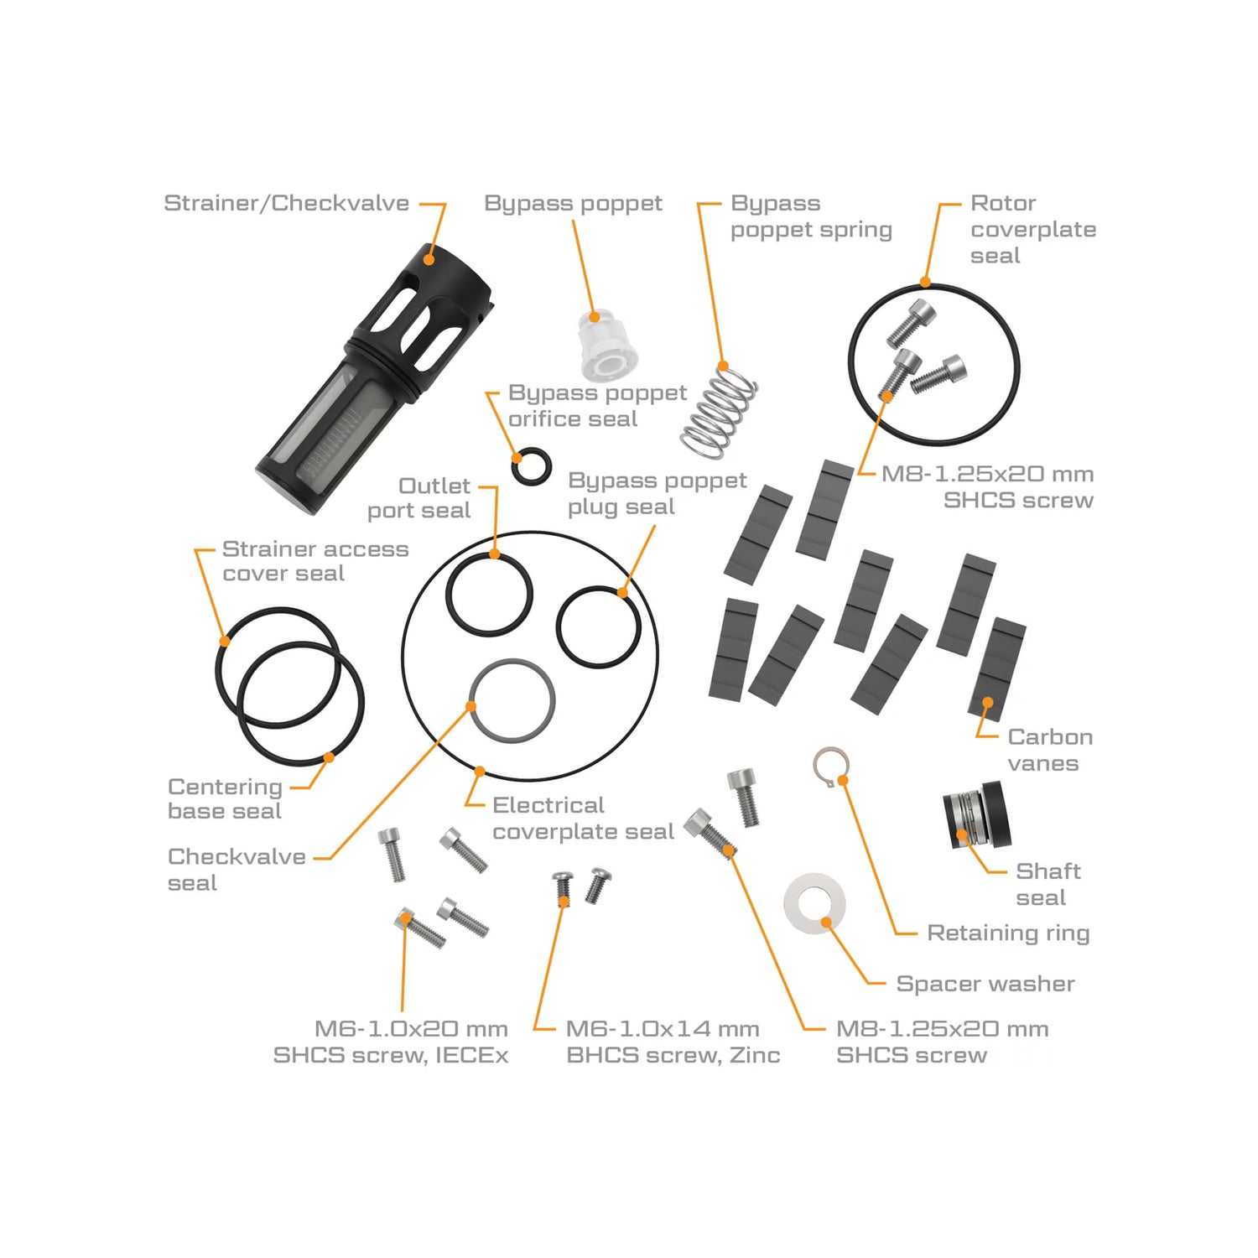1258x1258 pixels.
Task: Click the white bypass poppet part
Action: [606, 346]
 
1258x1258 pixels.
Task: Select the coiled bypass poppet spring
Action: [720, 411]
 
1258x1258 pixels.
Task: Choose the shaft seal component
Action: [977, 814]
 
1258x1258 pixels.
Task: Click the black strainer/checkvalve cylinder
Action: [374, 378]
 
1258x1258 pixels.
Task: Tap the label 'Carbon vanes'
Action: [1050, 750]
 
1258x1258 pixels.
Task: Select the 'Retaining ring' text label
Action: [1008, 933]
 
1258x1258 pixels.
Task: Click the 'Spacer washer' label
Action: [985, 984]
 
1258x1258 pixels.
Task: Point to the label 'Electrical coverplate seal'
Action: [583, 818]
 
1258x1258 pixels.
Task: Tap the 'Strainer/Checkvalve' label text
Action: [286, 203]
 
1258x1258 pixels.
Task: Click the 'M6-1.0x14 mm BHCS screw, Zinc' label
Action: [673, 1042]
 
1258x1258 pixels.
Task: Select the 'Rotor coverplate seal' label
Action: [1033, 229]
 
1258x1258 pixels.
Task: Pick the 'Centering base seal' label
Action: [225, 798]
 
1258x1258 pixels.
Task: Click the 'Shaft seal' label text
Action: [1048, 884]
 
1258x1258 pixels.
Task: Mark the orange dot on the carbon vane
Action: [988, 703]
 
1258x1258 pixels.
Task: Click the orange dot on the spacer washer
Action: [826, 922]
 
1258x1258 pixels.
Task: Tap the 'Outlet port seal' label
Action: [419, 498]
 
